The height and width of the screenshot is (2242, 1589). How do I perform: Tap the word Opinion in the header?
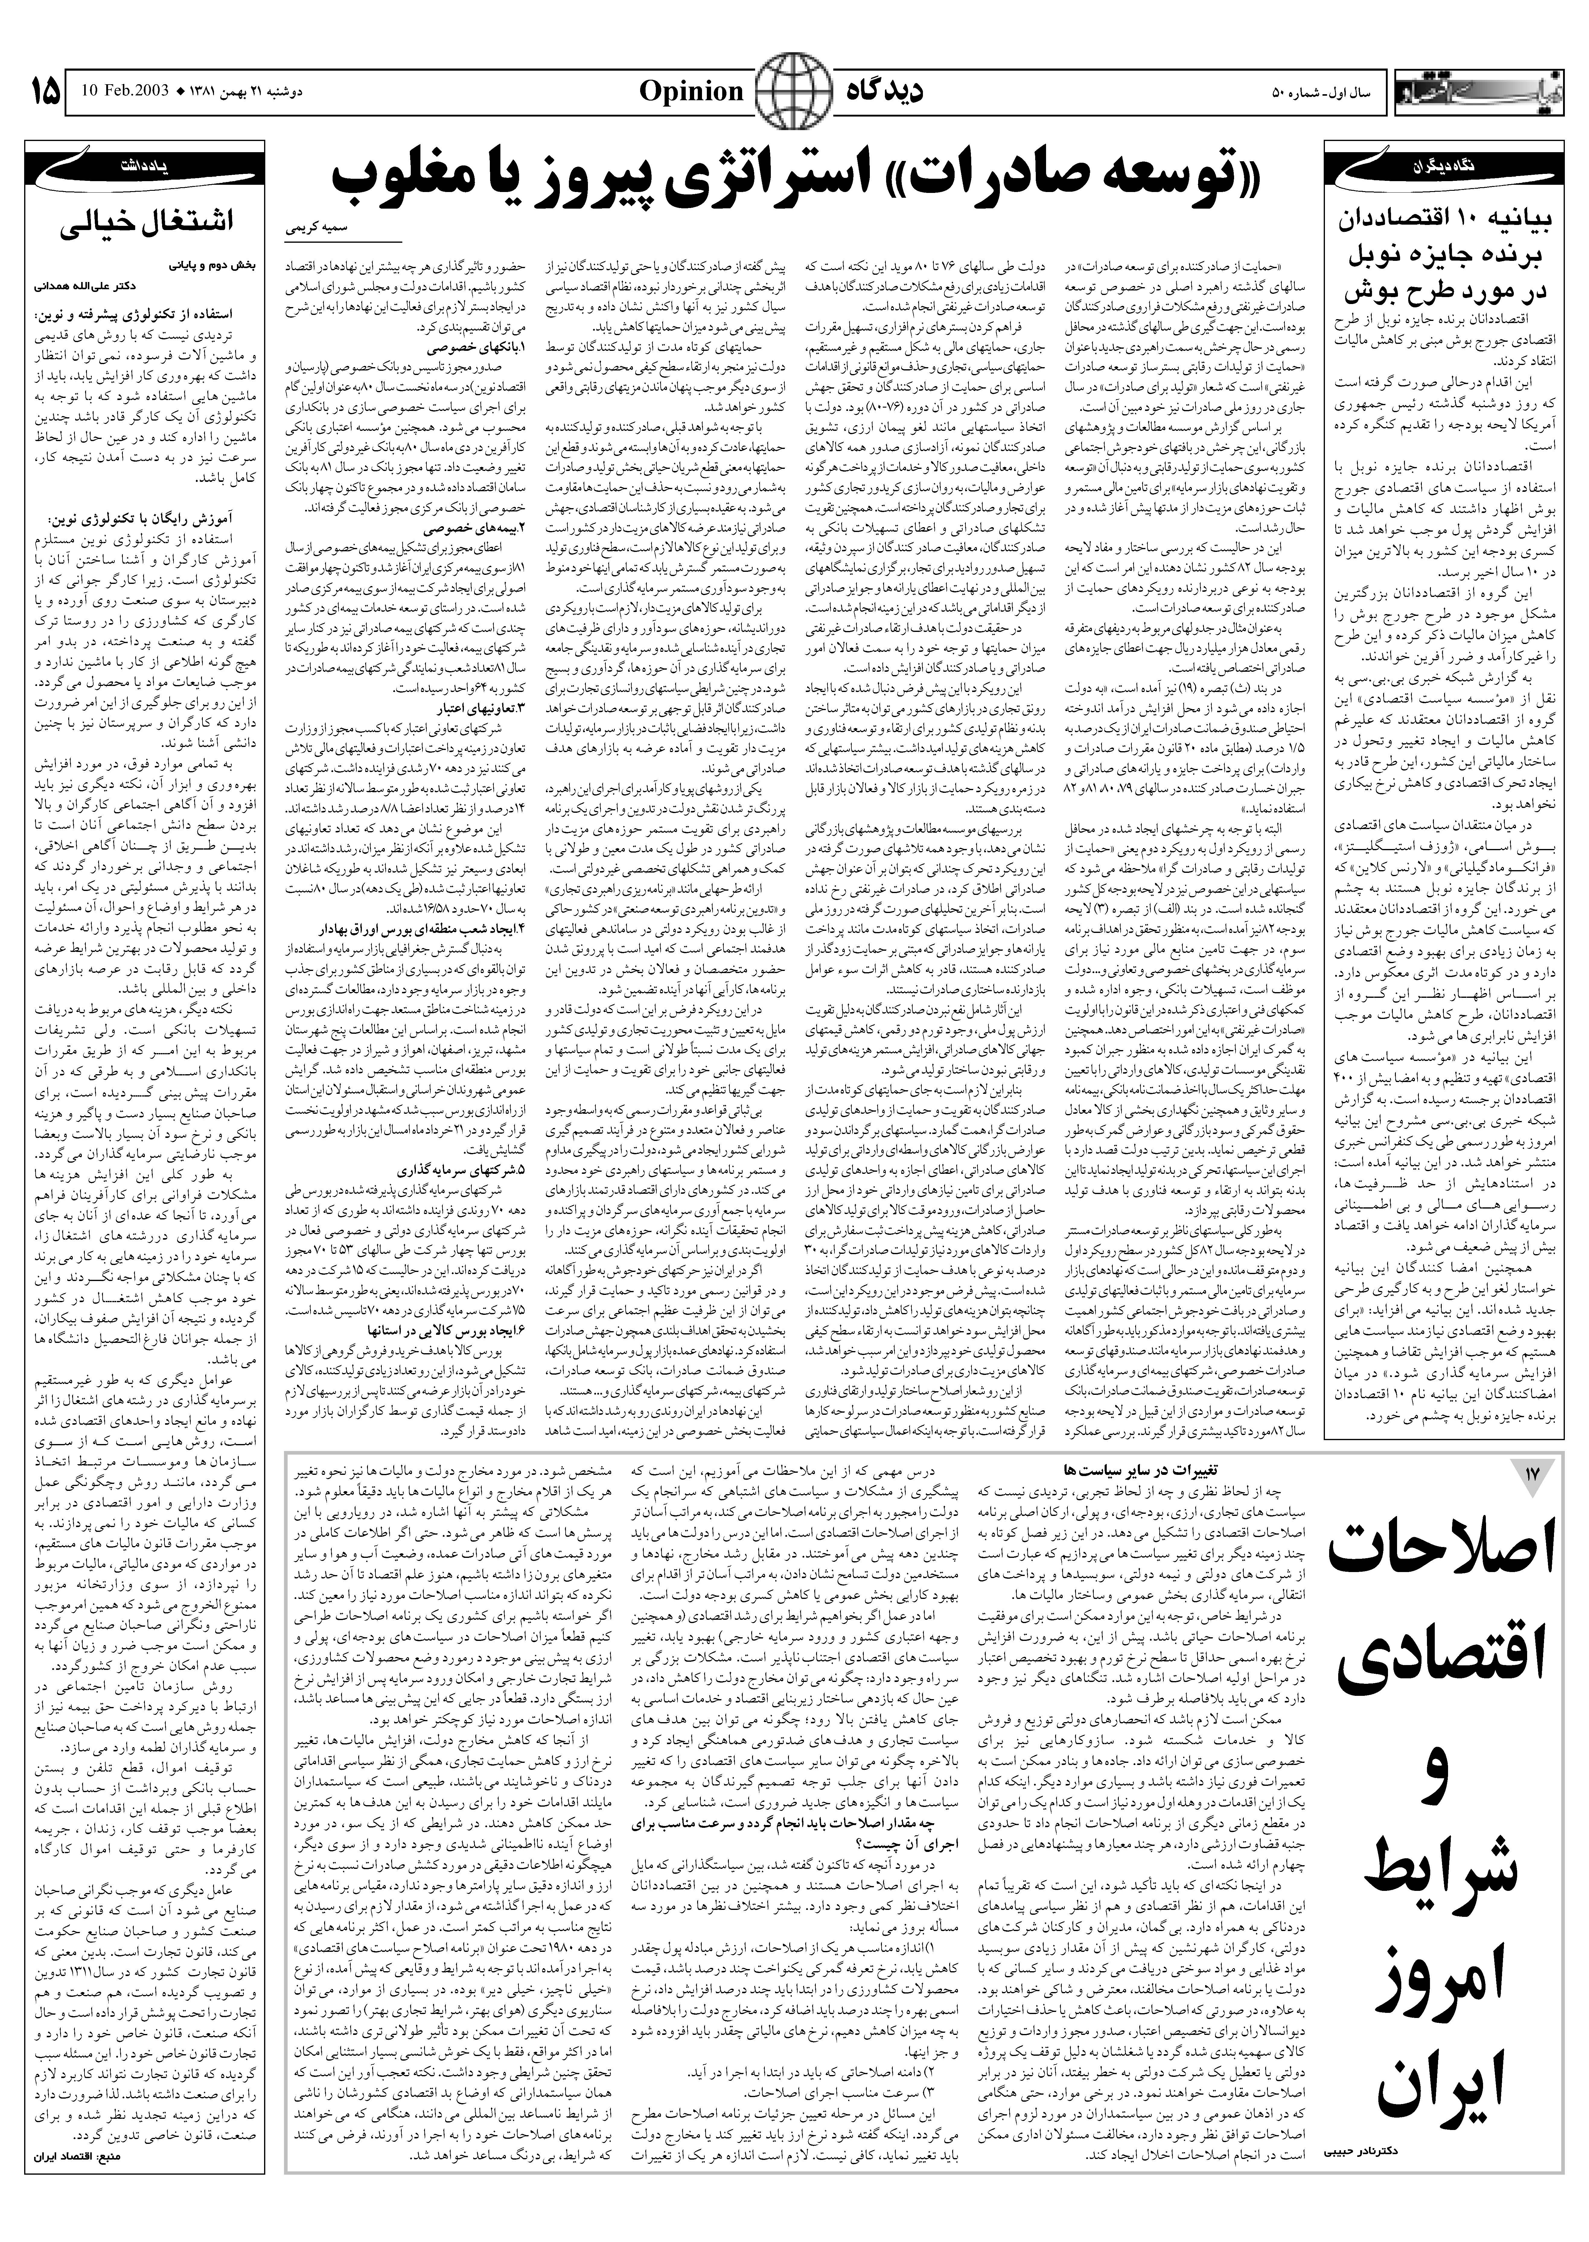[692, 93]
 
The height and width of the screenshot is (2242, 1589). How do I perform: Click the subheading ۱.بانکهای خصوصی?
[477, 348]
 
